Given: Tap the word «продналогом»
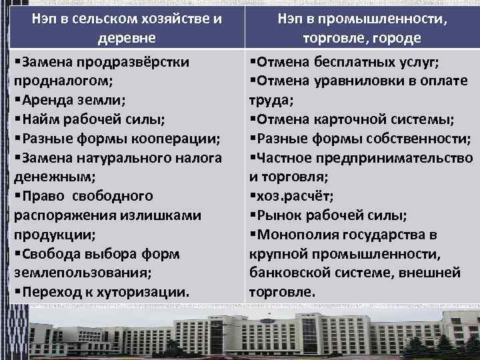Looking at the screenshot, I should point(61,81).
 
